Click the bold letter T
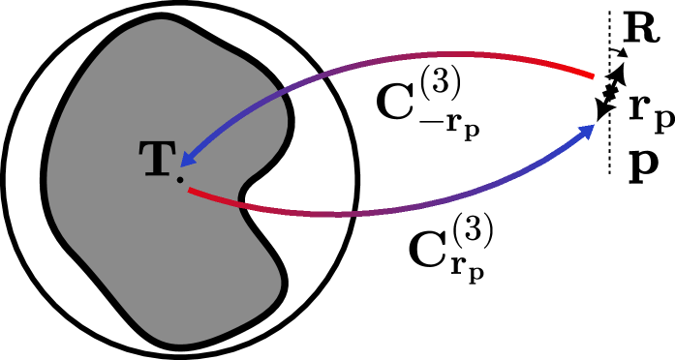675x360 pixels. [157, 160]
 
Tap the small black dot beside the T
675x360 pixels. [180, 180]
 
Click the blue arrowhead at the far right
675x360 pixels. [587, 132]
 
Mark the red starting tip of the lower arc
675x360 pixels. [191, 191]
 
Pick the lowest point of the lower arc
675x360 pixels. [334, 213]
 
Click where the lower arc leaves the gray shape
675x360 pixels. [243, 204]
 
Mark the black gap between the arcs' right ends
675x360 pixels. [593, 101]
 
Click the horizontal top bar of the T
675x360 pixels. [157, 146]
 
